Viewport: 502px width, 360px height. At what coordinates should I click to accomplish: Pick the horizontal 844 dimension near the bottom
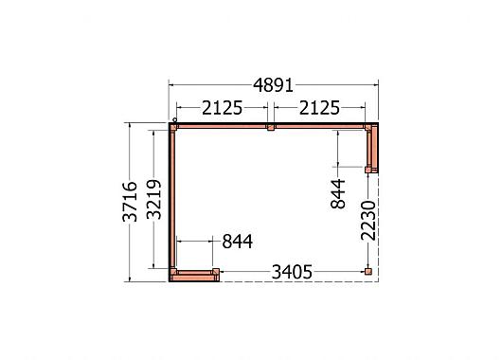click(x=237, y=242)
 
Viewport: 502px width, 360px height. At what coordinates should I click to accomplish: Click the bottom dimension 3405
click(x=292, y=273)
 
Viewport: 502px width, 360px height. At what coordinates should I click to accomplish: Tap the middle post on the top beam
click(x=270, y=126)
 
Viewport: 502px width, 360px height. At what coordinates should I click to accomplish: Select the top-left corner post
click(x=174, y=126)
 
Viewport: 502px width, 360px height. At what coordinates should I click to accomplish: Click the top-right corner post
click(x=368, y=127)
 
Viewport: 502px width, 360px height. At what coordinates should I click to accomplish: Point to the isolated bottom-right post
click(x=368, y=272)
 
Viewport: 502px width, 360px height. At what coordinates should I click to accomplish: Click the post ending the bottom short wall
click(x=216, y=273)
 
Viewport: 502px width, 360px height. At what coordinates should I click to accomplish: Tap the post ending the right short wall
click(x=368, y=169)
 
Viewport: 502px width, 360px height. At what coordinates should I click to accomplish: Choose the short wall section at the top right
click(x=374, y=148)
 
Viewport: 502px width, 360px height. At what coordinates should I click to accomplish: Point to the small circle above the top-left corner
click(x=173, y=118)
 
